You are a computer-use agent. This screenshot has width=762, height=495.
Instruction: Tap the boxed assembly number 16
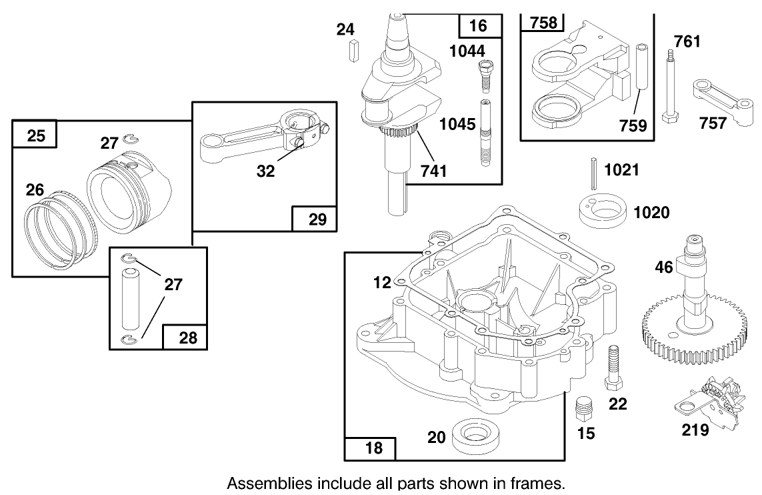coord(479,26)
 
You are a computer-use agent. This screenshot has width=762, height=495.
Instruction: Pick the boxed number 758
coord(543,23)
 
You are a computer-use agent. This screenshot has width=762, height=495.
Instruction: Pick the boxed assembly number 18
coord(375,448)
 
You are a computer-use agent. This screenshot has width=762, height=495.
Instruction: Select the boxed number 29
coord(318,219)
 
